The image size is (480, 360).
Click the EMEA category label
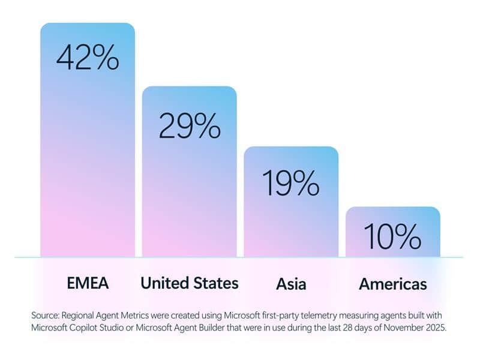coord(88,283)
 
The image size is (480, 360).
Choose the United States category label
coord(190,283)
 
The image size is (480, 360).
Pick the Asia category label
coord(291,283)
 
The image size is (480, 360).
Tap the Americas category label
coord(393,283)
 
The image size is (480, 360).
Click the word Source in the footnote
coord(46,315)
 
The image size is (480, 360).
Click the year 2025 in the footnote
coord(433,328)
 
